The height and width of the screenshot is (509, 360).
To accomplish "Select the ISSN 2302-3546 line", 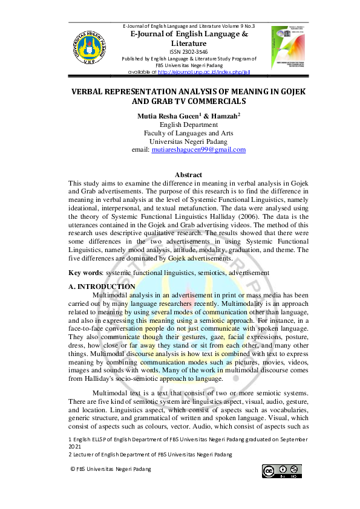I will (x=189, y=52).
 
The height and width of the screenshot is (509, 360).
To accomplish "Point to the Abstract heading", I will (x=188, y=175).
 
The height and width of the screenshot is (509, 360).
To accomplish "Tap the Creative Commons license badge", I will (x=281, y=471).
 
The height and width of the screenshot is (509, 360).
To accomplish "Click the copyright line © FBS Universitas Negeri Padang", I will (x=110, y=468).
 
